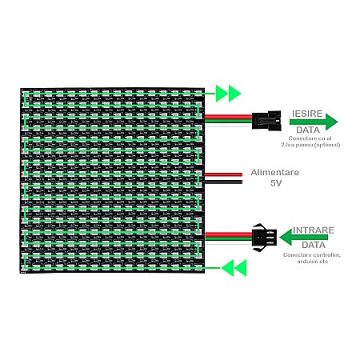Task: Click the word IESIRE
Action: pos(307,114)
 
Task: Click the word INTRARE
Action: pos(314,230)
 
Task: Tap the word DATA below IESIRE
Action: pos(308,130)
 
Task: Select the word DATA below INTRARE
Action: pos(314,245)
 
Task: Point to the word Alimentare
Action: pos(275,172)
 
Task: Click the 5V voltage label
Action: pos(276,183)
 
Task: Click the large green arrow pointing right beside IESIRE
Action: pos(314,122)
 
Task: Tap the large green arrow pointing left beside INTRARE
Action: pos(304,237)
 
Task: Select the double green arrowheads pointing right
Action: pos(228,94)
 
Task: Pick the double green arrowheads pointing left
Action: pos(234,268)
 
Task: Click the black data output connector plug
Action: pos(266,121)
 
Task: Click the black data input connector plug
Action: pos(264,238)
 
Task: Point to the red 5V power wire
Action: pos(223,174)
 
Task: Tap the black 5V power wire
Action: pos(223,182)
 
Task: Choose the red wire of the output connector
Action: pos(228,117)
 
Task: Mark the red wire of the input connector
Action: pos(228,234)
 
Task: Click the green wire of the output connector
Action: pos(228,121)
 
